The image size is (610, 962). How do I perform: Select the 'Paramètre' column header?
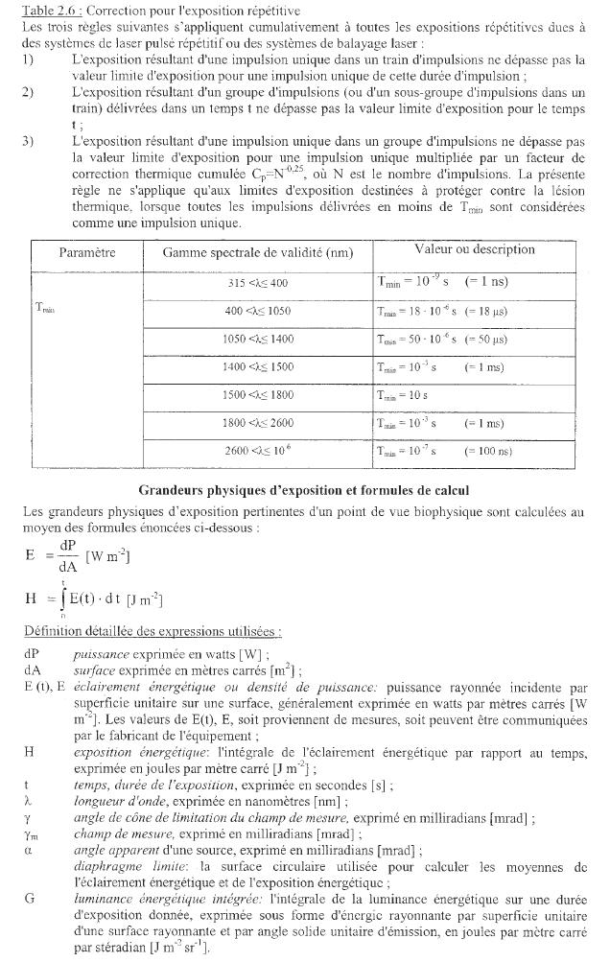pos(86,253)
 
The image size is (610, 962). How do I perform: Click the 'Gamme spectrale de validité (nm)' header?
pos(257,253)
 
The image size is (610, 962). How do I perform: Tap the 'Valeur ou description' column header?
pos(474,249)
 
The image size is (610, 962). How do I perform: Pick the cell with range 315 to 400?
pos(257,283)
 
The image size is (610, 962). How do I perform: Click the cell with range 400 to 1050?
pos(257,311)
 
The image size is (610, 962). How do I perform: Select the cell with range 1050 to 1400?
pos(257,339)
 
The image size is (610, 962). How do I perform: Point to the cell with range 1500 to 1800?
pos(257,394)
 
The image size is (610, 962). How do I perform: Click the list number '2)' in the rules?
pos(29,91)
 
